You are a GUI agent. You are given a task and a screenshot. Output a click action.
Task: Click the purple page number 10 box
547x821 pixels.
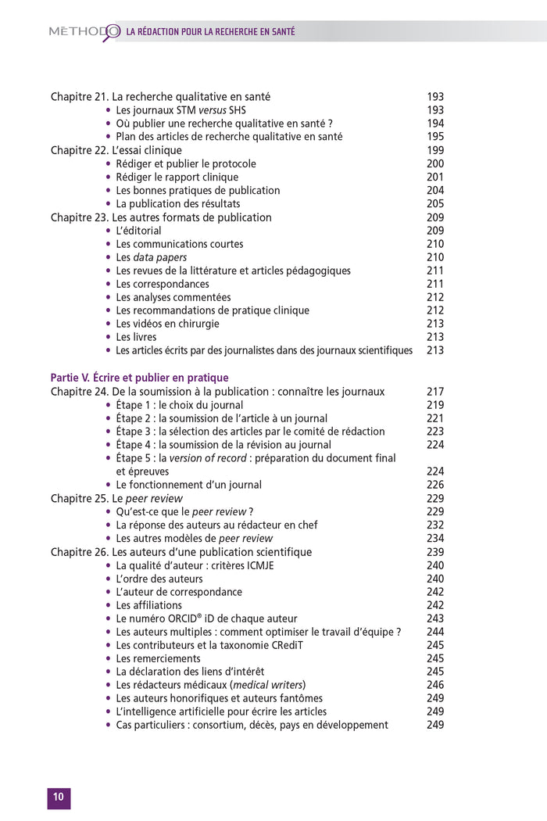[x=59, y=798]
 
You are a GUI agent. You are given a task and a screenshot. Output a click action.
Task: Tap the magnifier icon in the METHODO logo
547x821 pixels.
[x=111, y=31]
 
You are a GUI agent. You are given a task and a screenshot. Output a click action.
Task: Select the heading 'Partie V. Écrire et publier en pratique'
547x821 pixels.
[x=139, y=378]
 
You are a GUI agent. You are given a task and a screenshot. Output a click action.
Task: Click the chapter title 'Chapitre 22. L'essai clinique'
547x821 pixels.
[x=116, y=150]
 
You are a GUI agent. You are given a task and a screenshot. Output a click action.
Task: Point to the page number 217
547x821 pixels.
[x=435, y=392]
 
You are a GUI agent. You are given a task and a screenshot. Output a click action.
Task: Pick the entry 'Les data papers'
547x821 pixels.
[x=152, y=257]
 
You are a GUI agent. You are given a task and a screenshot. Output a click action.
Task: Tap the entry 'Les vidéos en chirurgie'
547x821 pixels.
[x=167, y=324]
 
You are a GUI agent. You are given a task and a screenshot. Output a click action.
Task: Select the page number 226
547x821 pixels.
[x=435, y=485]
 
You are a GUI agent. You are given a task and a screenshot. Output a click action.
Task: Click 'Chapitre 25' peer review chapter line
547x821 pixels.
[x=116, y=498]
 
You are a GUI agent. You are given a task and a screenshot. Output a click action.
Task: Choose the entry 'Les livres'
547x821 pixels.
[x=136, y=337]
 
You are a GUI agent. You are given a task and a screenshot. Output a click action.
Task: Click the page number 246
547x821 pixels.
[x=435, y=685]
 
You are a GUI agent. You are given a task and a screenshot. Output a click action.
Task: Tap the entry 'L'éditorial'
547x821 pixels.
[x=138, y=231]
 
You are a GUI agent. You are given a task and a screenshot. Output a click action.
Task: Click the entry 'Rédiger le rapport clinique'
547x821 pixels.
[x=177, y=177]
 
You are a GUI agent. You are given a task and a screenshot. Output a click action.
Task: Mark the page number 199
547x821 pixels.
[x=435, y=150]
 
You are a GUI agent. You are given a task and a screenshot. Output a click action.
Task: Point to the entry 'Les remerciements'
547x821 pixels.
[x=158, y=658]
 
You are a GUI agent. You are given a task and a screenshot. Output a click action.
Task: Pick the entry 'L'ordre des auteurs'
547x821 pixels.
[x=159, y=579]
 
